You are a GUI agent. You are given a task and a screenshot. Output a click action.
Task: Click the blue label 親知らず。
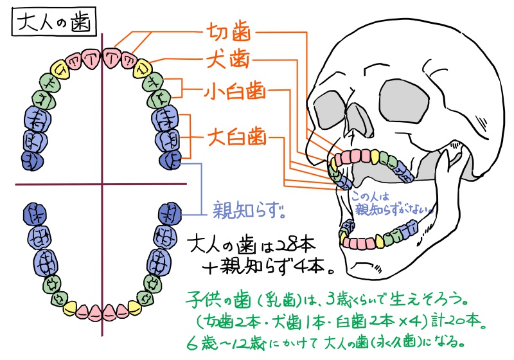[x=247, y=209]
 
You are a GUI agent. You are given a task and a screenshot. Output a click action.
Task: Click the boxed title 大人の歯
[x=54, y=24]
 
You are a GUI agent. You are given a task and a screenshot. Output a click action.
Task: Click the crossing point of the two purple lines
[x=102, y=184]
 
